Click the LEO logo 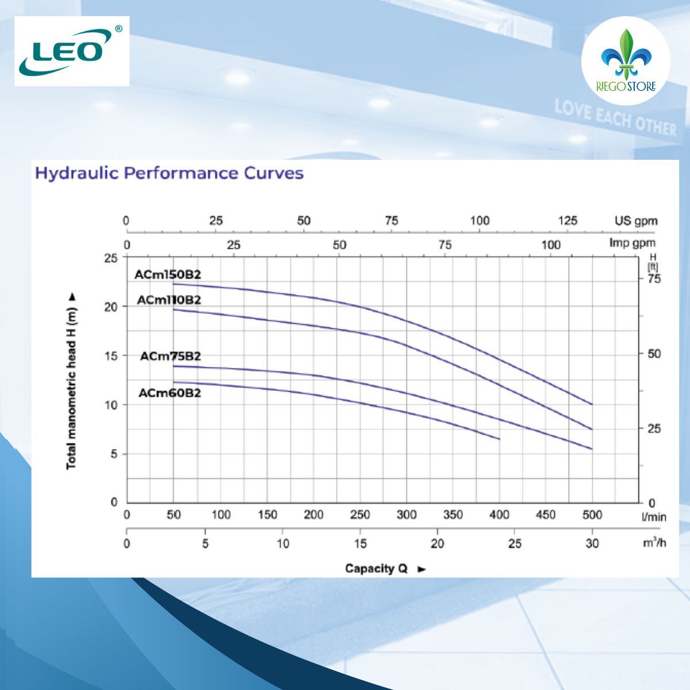[71, 51]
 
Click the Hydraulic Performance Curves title [169, 173]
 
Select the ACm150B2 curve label [168, 274]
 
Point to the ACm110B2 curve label [169, 300]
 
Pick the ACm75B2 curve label [170, 356]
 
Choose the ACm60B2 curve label [170, 393]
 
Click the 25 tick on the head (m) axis [110, 258]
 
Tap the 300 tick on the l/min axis [406, 515]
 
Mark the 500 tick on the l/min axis [592, 515]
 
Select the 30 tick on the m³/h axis [592, 543]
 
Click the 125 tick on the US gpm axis [568, 221]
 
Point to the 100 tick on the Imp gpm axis [550, 245]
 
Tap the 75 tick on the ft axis [654, 279]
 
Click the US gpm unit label [635, 221]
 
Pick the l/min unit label [654, 517]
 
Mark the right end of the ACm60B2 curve [499, 439]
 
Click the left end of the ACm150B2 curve [174, 283]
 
